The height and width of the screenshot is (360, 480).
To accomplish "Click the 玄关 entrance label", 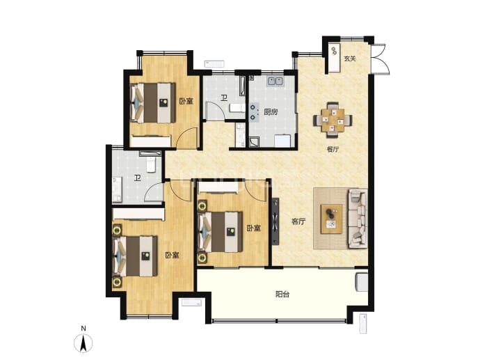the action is pyautogui.click(x=350, y=58).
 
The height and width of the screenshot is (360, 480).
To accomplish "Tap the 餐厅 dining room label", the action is pyautogui.click(x=333, y=150).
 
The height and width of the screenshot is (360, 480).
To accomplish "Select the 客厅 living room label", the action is pyautogui.click(x=298, y=221).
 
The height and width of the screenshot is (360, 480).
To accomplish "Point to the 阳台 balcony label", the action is pyautogui.click(x=282, y=295).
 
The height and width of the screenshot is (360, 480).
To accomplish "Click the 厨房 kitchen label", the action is pyautogui.click(x=271, y=112).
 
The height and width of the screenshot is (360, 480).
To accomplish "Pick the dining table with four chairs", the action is pyautogui.click(x=333, y=120).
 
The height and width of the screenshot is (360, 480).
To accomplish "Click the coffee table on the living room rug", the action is pyautogui.click(x=332, y=219).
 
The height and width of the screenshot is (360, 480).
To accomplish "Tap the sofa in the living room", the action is pyautogui.click(x=358, y=219).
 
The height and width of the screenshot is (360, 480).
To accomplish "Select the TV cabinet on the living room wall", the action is pyautogui.click(x=275, y=221).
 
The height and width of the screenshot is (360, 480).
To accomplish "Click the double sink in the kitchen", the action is pyautogui.click(x=275, y=81).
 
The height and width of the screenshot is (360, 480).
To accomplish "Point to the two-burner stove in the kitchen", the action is pyautogui.click(x=254, y=112).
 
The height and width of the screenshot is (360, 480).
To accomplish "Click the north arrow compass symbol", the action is pyautogui.click(x=83, y=343).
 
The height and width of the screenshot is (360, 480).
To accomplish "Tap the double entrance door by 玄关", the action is pyautogui.click(x=381, y=58).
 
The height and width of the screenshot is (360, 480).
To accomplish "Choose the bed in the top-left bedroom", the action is pyautogui.click(x=153, y=102).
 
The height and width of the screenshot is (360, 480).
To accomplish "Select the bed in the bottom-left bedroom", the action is pyautogui.click(x=135, y=256).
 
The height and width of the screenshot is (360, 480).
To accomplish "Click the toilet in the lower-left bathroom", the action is pyautogui.click(x=151, y=164).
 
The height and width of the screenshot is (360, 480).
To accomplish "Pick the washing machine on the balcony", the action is pyautogui.click(x=362, y=282).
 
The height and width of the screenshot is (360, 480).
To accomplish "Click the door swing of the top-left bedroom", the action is pyautogui.click(x=187, y=137).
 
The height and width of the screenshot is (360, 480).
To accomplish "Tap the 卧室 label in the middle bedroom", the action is pyautogui.click(x=254, y=228).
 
